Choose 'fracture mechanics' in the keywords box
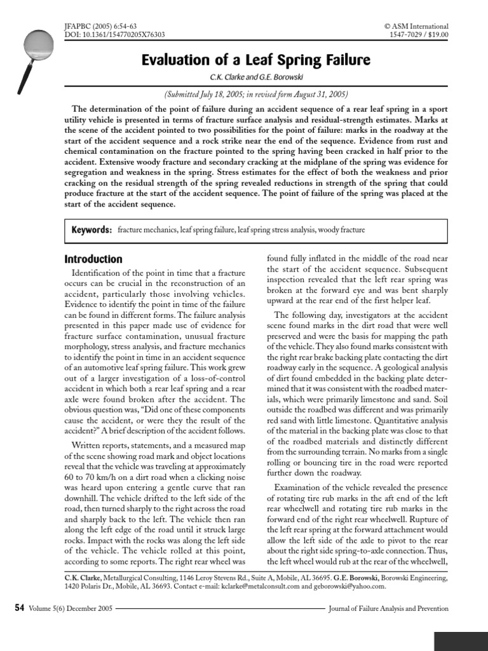[148, 230]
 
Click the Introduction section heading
[93, 259]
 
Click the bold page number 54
[18, 608]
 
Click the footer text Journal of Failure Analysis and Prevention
[388, 608]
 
